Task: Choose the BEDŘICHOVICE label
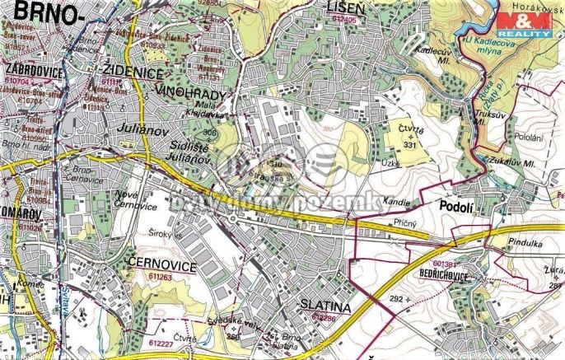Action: point(466,272)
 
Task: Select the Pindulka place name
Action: point(511,245)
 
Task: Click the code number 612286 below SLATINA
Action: point(320,317)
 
